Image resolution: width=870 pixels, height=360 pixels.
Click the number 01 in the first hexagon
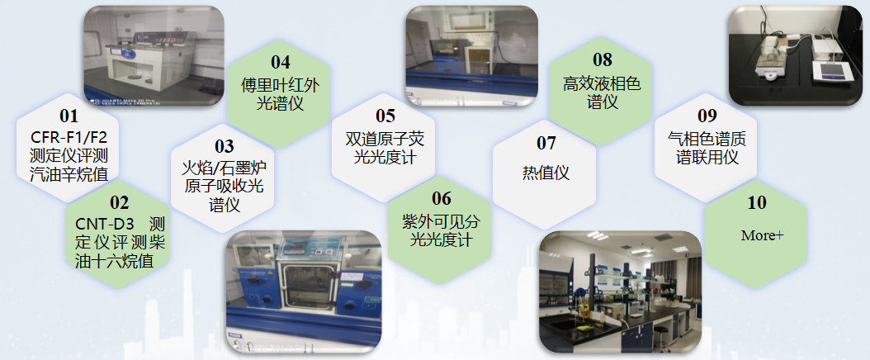point(69,116)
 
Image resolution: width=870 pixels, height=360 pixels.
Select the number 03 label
point(225,148)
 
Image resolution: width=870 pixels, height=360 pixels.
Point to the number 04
point(281,62)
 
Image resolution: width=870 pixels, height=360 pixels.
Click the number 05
point(385,116)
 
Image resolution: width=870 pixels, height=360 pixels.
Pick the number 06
point(442,199)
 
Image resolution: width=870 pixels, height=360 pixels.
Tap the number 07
point(546,144)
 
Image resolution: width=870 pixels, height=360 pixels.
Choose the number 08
point(603,59)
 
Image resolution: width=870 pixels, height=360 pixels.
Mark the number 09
point(707,116)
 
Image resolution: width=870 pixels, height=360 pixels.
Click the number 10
point(757,203)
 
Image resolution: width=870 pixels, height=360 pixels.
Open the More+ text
point(762,235)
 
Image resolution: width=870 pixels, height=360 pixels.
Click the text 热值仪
point(546,173)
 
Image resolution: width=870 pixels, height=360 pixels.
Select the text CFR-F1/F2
point(69,137)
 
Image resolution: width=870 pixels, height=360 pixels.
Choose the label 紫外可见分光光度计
point(442,230)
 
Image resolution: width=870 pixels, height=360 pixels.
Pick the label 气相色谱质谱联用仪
point(707,148)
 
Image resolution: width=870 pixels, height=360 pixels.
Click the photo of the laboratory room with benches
point(620,292)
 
